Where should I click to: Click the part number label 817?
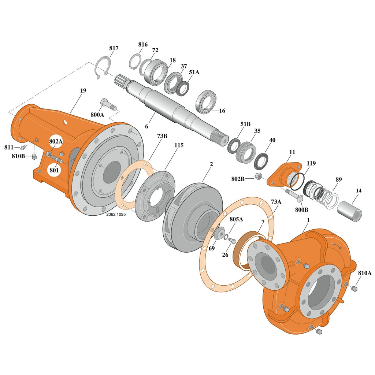[114, 48]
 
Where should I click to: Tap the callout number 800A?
[97, 115]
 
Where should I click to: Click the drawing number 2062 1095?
[116, 215]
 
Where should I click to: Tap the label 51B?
[245, 124]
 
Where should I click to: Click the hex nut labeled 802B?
[258, 177]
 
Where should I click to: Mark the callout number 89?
[338, 179]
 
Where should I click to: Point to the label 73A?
[276, 201]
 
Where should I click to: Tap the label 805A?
[236, 219]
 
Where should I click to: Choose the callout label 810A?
[365, 273]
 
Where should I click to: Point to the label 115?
[179, 145]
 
